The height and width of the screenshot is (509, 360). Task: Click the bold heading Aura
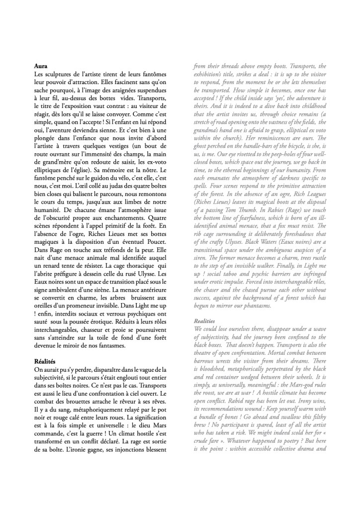(x=41, y=65)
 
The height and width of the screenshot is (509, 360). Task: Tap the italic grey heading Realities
(x=206, y=321)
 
